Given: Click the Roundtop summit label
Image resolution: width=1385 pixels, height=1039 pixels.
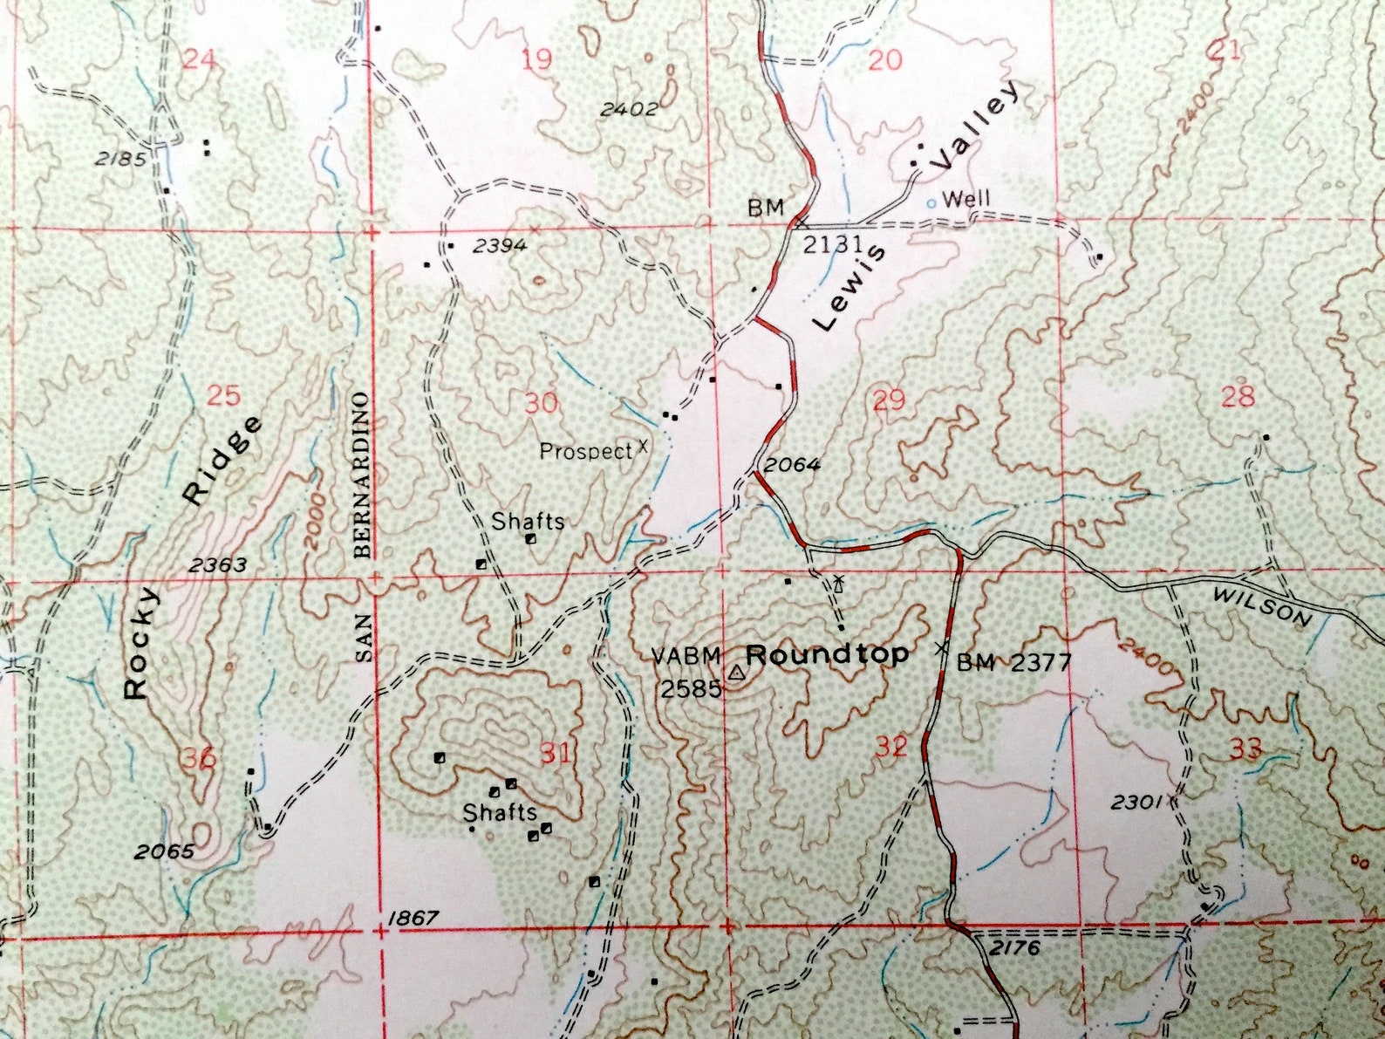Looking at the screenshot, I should [827, 654].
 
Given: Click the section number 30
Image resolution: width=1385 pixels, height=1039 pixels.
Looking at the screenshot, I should [541, 404].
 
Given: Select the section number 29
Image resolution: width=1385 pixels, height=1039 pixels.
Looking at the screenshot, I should [889, 400].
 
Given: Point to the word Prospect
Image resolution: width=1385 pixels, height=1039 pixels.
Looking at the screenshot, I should [585, 451].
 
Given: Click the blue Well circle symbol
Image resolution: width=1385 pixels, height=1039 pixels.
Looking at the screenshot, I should [931, 202].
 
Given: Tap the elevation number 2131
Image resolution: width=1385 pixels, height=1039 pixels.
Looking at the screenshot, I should [832, 244].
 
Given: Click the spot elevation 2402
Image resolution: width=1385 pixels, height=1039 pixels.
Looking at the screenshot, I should [629, 109].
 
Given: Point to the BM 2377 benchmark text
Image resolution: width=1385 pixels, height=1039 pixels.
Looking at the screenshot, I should [1013, 663].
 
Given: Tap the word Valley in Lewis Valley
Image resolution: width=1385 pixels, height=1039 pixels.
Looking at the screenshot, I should [974, 126].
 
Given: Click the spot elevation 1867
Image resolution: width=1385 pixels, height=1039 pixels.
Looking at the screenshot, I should [413, 918].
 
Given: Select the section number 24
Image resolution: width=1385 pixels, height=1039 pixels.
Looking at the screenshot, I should [200, 59].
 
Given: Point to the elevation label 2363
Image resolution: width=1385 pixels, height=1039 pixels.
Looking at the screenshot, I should [218, 564].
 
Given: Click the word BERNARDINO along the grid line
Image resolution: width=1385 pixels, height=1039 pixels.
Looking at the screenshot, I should [362, 475].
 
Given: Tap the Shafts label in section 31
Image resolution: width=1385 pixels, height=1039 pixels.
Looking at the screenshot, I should [499, 813].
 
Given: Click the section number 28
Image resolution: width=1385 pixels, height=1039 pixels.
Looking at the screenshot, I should [1237, 397].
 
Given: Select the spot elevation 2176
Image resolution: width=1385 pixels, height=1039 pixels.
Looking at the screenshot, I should [1014, 947].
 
